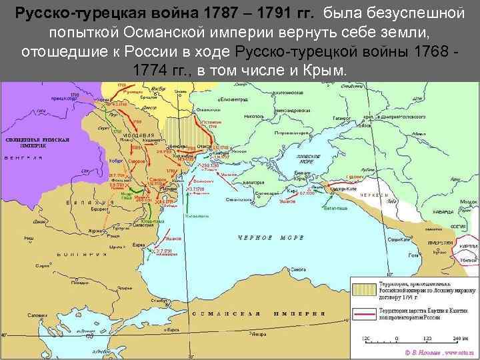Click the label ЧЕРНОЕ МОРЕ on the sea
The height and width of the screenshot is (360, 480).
point(265,237)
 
